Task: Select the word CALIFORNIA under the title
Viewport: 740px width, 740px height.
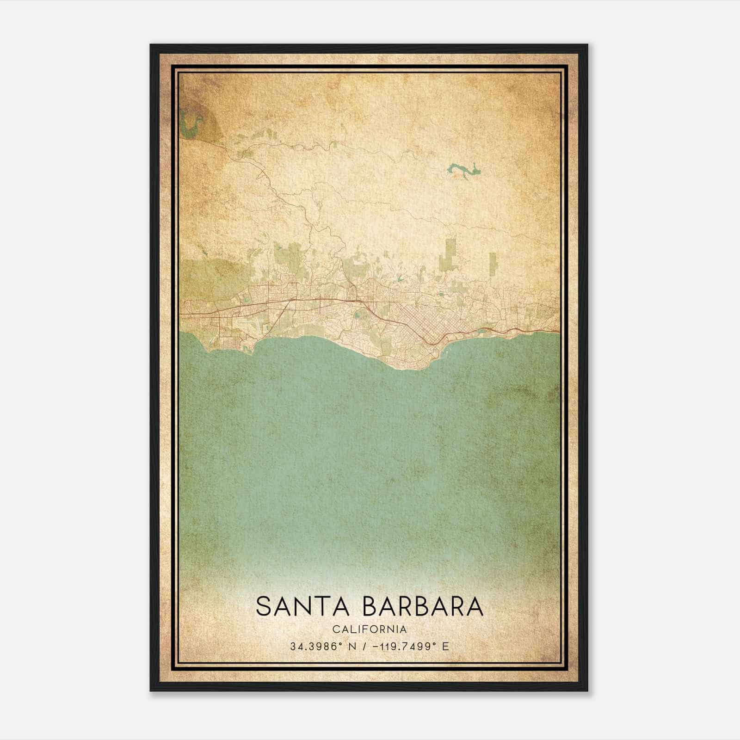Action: point(370,629)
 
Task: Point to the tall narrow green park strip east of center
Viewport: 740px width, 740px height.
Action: point(450,254)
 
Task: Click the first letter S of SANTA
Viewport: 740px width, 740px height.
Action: point(263,607)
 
